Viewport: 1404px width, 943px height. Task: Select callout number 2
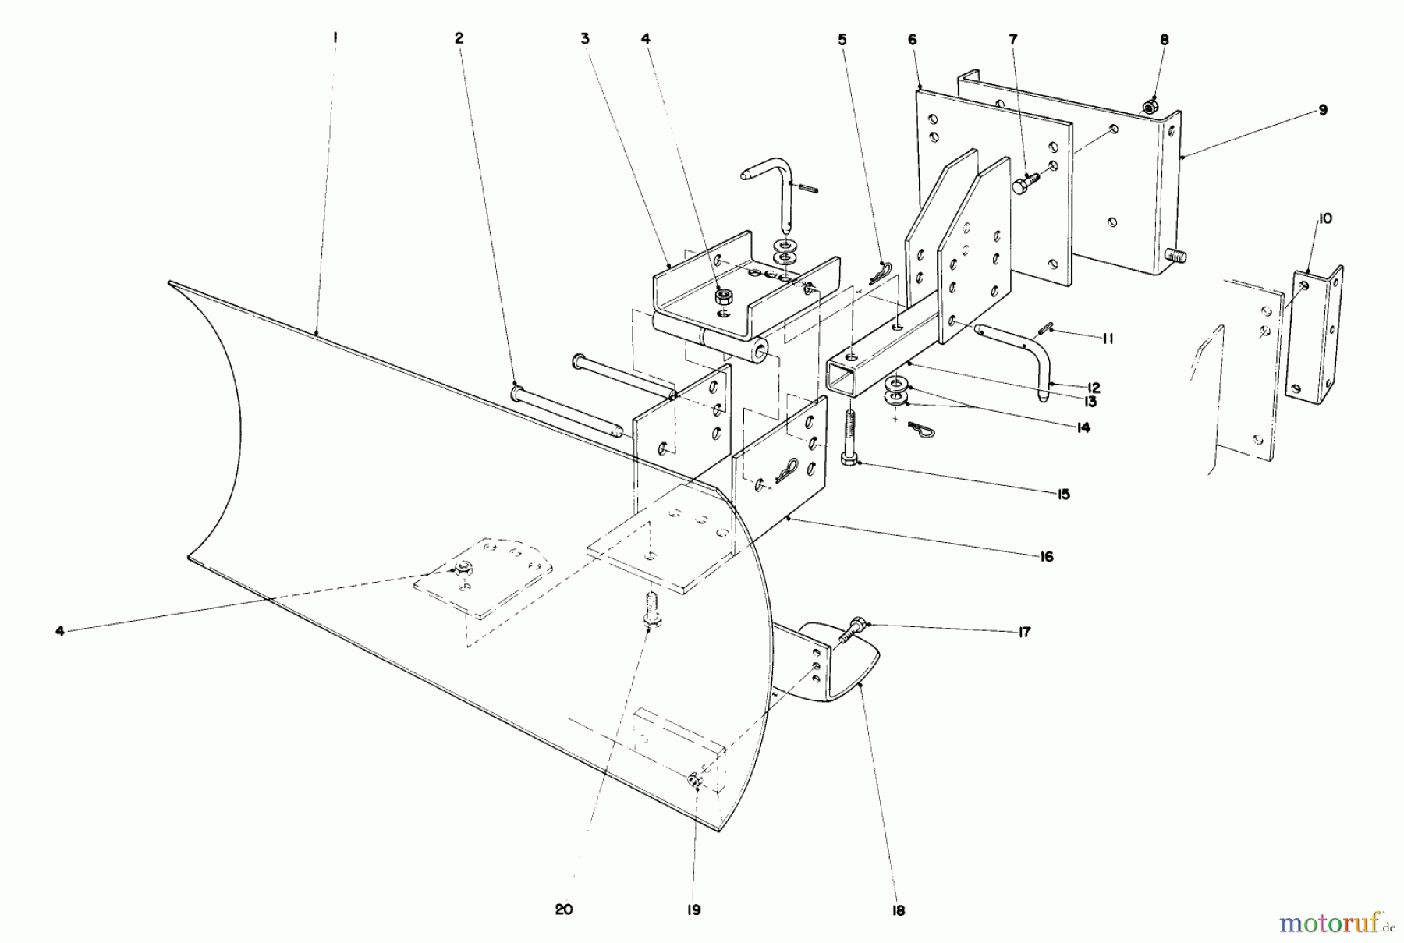tap(459, 38)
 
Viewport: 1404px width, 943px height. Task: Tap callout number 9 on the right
tap(1323, 110)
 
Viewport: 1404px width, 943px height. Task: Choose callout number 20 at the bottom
tap(564, 909)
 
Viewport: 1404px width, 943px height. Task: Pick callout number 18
tap(898, 910)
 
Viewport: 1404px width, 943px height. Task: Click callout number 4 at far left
tap(60, 631)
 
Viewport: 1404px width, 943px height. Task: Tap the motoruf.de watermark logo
tap(1336, 924)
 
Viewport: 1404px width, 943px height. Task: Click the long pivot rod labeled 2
tap(565, 409)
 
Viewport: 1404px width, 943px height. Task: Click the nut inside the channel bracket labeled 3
tap(723, 296)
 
